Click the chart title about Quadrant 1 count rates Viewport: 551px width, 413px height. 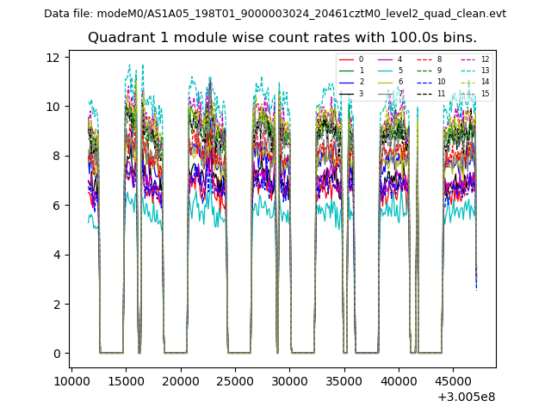click(x=282, y=38)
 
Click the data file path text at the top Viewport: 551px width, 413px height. click(x=275, y=14)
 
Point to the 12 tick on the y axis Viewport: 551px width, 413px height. click(x=53, y=58)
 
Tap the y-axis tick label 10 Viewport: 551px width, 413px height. click(x=53, y=107)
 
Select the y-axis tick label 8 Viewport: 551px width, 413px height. click(x=56, y=157)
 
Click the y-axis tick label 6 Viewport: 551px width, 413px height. click(x=56, y=206)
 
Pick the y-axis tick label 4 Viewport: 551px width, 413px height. click(x=56, y=255)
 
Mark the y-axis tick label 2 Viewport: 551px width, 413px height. click(x=56, y=305)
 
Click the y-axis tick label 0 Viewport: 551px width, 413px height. click(x=56, y=354)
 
